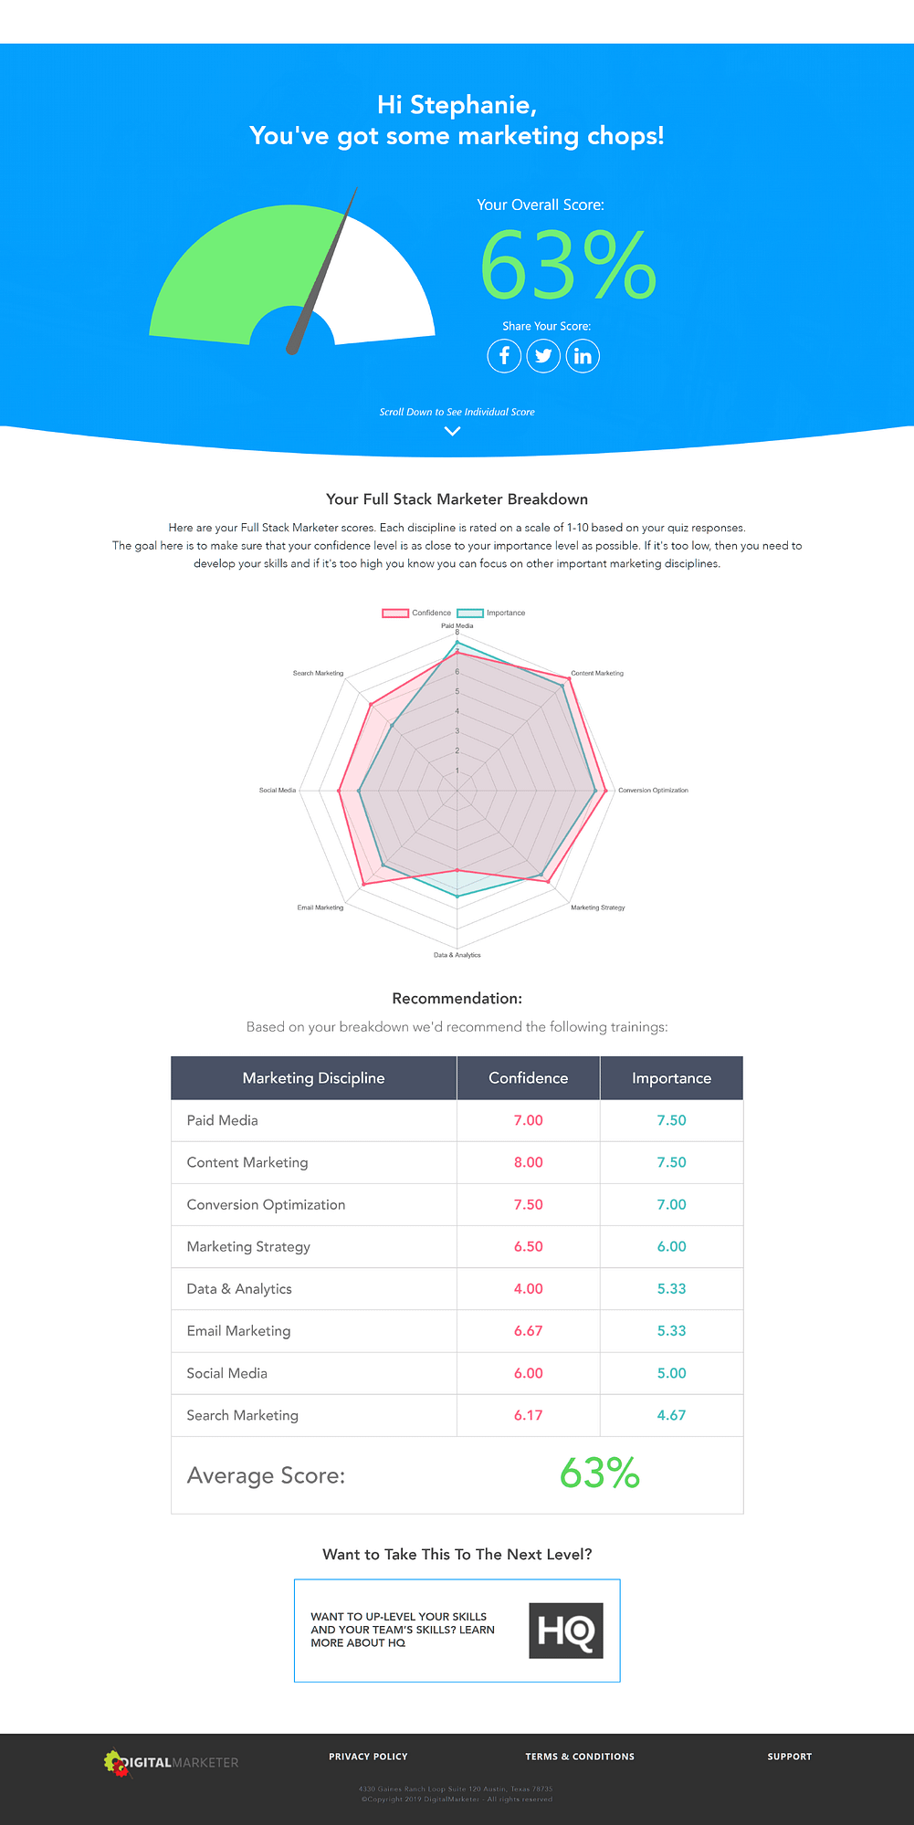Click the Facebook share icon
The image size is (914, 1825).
point(504,356)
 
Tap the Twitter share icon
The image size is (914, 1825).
point(543,356)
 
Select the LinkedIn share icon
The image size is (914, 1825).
point(583,356)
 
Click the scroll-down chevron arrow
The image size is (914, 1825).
point(452,431)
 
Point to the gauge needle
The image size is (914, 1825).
point(322,274)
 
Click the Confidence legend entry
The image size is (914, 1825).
point(417,613)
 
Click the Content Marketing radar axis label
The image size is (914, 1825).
point(597,673)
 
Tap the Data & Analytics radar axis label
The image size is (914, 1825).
point(457,955)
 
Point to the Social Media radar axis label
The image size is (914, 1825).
point(278,790)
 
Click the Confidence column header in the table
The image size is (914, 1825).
point(528,1078)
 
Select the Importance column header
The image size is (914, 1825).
point(671,1078)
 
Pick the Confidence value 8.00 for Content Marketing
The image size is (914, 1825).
point(528,1162)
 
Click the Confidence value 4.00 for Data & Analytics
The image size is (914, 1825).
point(528,1289)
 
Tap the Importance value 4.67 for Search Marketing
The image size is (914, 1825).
point(671,1415)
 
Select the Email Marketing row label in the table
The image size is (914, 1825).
point(238,1331)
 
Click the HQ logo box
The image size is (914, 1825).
point(566,1631)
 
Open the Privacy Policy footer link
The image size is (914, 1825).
point(368,1757)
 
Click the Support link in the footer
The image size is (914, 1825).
point(789,1757)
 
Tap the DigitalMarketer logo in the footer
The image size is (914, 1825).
point(171,1763)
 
